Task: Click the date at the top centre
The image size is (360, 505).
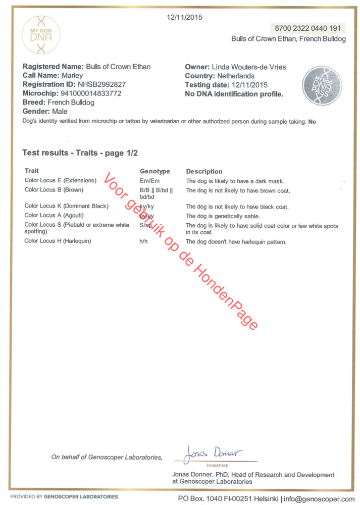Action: [184, 17]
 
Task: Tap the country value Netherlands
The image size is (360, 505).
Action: [233, 76]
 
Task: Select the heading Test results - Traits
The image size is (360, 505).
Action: [80, 153]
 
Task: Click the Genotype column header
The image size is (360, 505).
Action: [155, 171]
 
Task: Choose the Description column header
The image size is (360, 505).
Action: [204, 171]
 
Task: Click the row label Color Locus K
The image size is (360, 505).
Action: [66, 206]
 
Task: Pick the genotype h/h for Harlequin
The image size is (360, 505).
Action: [143, 241]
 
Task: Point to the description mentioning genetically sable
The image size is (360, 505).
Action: [230, 216]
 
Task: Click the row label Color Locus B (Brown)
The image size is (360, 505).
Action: [54, 190]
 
